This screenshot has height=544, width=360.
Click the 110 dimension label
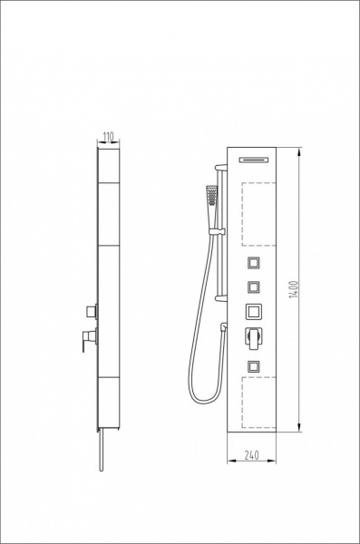pos(109,138)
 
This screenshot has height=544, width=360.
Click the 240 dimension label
pos(252,455)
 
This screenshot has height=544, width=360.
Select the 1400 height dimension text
pos(294,289)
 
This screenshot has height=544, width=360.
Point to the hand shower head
pos(211,197)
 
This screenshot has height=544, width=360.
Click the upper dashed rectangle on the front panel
pos(258,214)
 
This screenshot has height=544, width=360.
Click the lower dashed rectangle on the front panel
pos(258,403)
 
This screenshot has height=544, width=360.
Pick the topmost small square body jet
pos(254,263)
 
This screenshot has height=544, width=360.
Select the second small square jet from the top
pos(254,287)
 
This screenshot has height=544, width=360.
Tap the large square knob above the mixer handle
pos(254,312)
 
